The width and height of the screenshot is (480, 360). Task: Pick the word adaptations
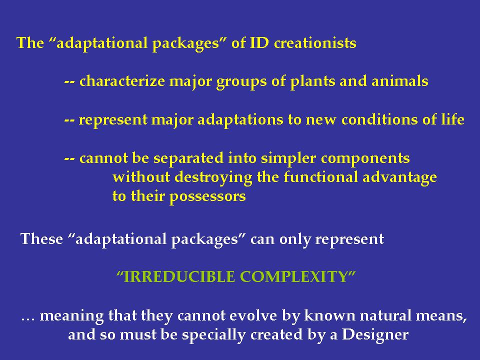[x=230, y=120]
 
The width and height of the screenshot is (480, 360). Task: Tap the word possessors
[x=207, y=196]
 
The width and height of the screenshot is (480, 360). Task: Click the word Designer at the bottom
[x=375, y=334]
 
